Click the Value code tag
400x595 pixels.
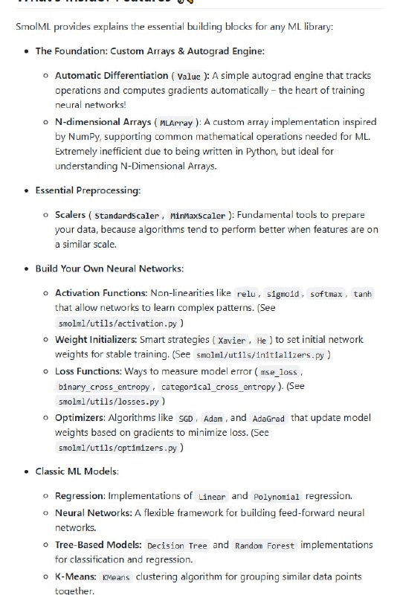click(x=189, y=76)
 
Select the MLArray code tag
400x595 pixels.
click(x=175, y=123)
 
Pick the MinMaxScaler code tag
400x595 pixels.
click(x=197, y=216)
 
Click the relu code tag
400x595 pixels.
click(x=245, y=295)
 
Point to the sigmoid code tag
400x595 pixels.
click(x=284, y=295)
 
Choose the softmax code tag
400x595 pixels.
click(x=326, y=295)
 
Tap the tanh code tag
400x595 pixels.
click(x=363, y=295)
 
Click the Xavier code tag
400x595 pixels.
click(x=233, y=340)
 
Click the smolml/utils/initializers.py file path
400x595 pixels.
click(x=261, y=356)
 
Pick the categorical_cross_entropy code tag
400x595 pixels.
click(x=218, y=387)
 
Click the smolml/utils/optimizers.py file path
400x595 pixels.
click(x=117, y=448)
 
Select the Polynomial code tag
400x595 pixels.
click(x=277, y=497)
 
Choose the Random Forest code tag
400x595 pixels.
click(x=265, y=546)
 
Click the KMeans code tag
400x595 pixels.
click(x=115, y=577)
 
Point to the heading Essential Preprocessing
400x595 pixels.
click(x=88, y=190)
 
